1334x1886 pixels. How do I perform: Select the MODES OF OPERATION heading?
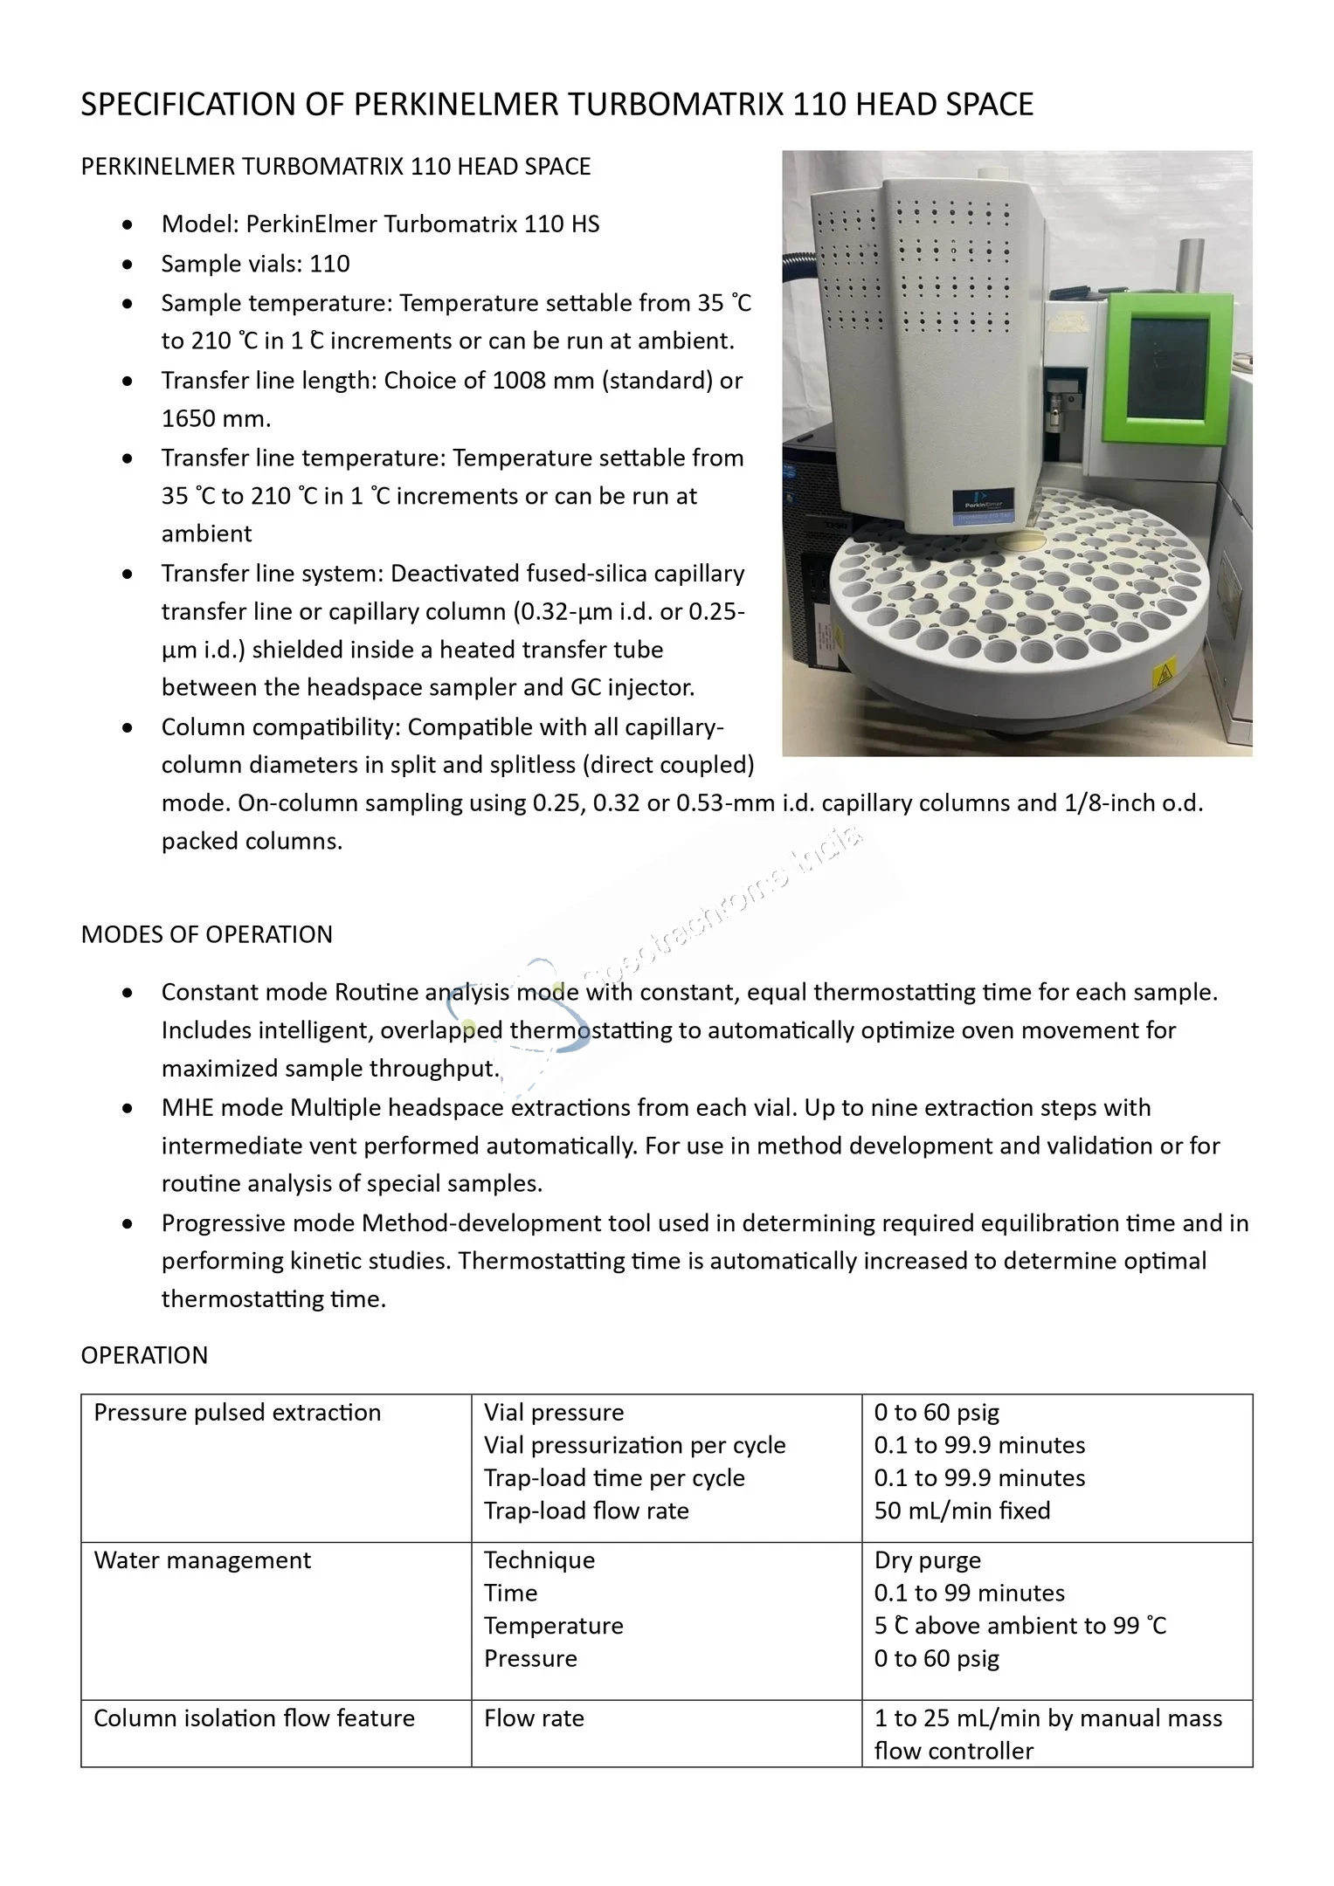[x=206, y=934]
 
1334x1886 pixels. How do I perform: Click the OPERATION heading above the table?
[x=144, y=1355]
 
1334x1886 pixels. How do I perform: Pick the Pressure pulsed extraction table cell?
[x=237, y=1413]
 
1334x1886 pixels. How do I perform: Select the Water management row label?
[x=202, y=1560]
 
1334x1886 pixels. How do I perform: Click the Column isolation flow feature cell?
[x=253, y=1718]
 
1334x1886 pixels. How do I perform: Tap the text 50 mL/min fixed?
[x=962, y=1511]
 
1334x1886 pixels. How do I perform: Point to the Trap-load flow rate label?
[x=586, y=1511]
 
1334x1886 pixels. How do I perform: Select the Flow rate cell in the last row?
[x=534, y=1718]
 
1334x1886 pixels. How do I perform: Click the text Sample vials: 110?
[x=255, y=264]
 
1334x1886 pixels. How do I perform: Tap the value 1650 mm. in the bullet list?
[x=216, y=418]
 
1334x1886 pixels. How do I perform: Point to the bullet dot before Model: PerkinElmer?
[x=128, y=225]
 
